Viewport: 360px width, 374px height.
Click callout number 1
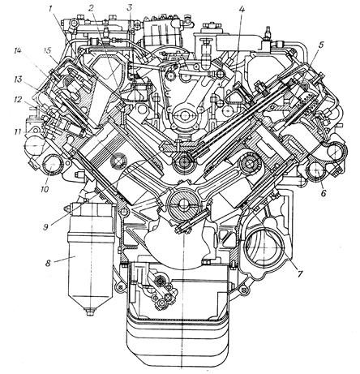tap(50, 9)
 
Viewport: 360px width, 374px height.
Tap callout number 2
tap(91, 8)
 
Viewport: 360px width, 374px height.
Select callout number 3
tap(130, 8)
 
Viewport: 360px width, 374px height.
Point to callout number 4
tap(242, 10)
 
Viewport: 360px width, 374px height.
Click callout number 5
tap(321, 45)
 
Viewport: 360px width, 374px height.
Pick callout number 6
tap(324, 193)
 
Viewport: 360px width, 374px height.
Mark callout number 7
tap(299, 273)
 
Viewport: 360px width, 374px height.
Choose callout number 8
tap(48, 263)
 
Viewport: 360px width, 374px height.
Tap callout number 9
tap(45, 227)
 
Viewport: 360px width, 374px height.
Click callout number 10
tap(45, 189)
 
